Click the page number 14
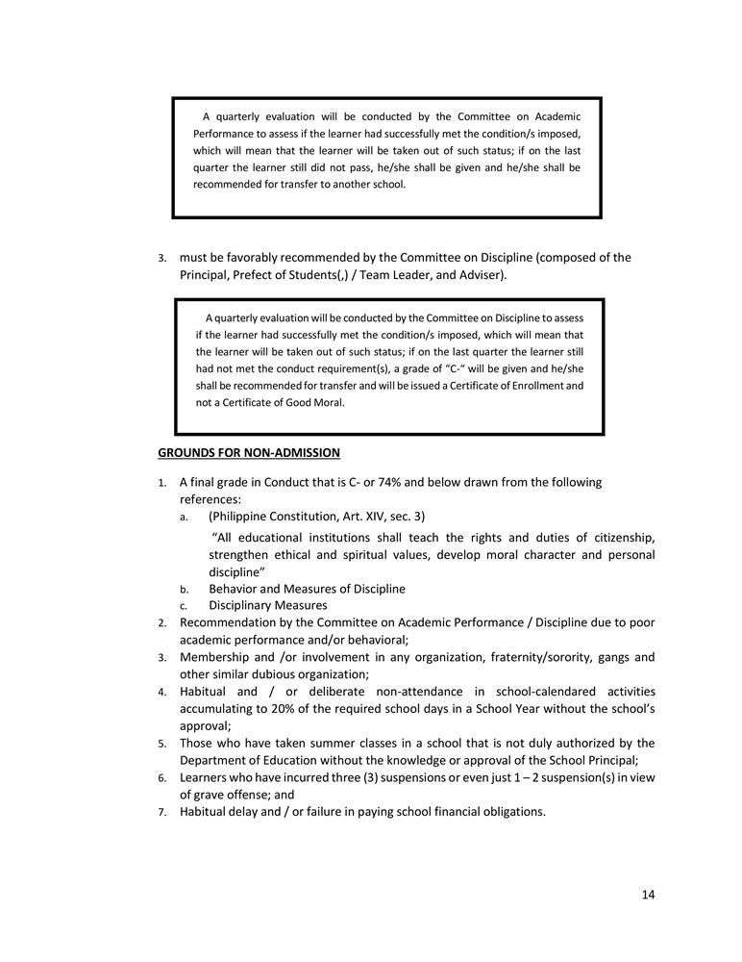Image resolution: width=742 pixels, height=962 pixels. pos(648,895)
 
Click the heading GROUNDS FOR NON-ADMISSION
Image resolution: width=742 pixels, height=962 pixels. pos(249,452)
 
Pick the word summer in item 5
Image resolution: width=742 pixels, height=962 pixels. pos(314,743)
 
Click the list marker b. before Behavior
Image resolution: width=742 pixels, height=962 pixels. pos(185,589)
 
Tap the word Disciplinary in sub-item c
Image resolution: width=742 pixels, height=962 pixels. pos(244,605)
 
